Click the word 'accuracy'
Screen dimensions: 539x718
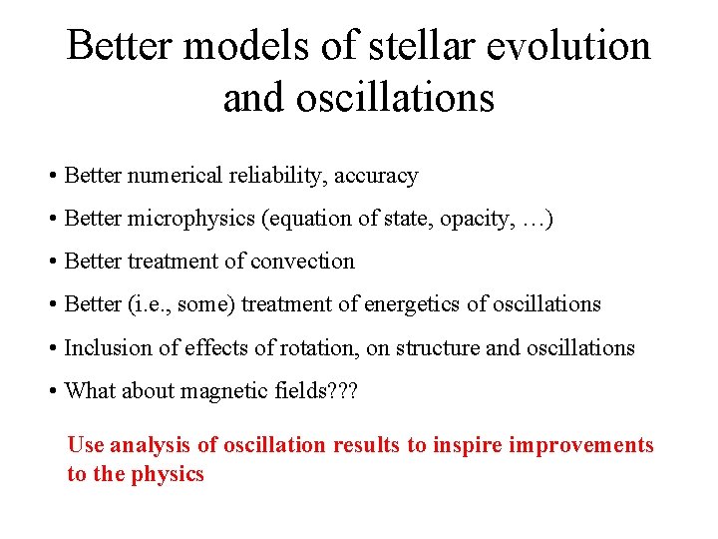376,177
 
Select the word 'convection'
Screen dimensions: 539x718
308,262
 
